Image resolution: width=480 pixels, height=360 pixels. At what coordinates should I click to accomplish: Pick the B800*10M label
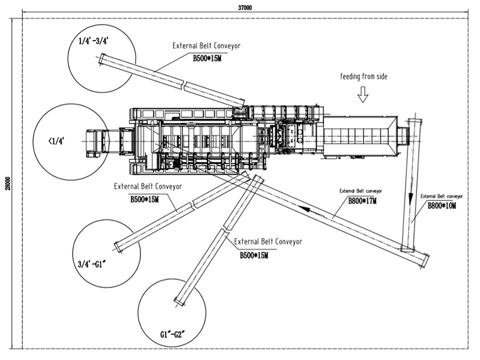[442, 206]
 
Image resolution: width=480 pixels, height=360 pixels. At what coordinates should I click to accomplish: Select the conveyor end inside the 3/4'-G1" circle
[118, 246]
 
